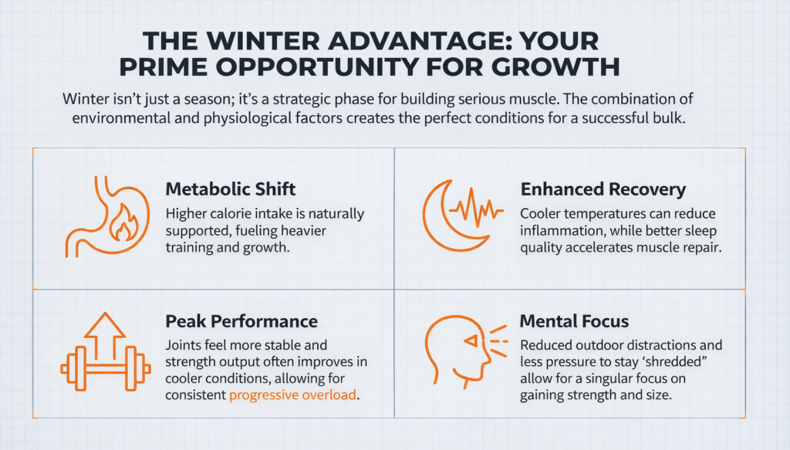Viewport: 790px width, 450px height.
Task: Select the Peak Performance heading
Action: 241,320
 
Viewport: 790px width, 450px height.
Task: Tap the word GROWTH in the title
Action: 554,66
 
